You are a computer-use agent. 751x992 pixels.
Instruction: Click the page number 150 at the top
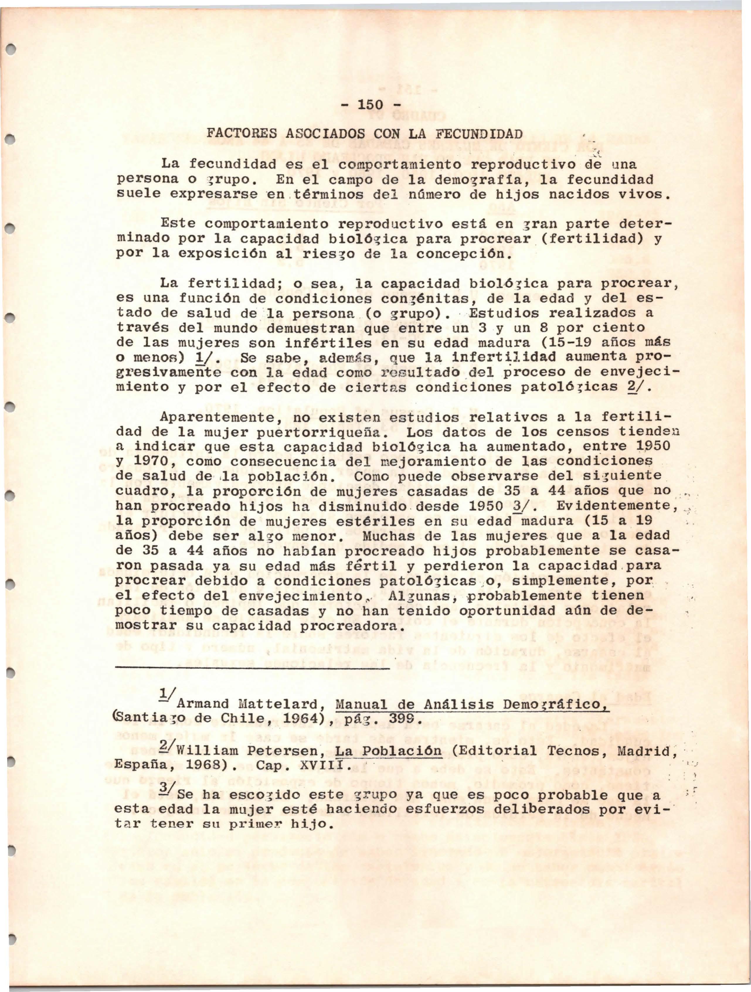pyautogui.click(x=370, y=106)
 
